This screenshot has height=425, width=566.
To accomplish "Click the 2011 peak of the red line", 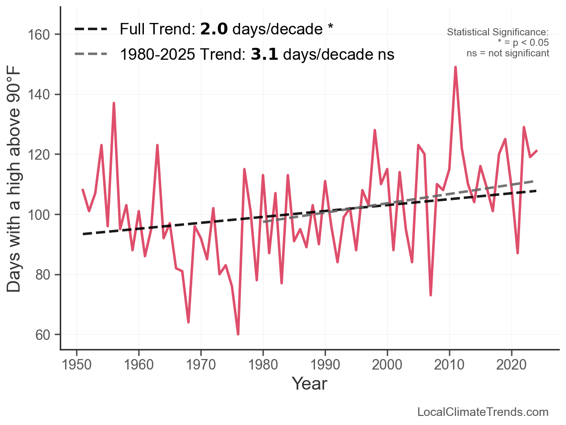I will pyautogui.click(x=456, y=67).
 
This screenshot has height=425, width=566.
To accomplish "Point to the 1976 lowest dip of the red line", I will pyautogui.click(x=238, y=334).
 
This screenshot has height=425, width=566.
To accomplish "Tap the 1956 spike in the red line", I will pyautogui.click(x=114, y=103).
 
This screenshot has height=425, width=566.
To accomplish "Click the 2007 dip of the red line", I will pyautogui.click(x=431, y=294).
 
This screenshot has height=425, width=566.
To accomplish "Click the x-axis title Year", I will pyautogui.click(x=309, y=383).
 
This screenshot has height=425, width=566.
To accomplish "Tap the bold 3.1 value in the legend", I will pyautogui.click(x=264, y=54).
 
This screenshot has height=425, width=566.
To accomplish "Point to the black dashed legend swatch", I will pyautogui.click(x=90, y=30).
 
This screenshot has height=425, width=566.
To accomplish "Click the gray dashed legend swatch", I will pyautogui.click(x=90, y=54).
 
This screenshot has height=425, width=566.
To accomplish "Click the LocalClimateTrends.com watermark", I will pyautogui.click(x=483, y=412).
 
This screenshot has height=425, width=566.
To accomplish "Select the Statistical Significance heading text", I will pyautogui.click(x=498, y=33).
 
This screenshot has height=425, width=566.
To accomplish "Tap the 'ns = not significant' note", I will pyautogui.click(x=508, y=53).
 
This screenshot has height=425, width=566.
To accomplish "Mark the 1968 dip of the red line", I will pyautogui.click(x=188, y=322).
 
